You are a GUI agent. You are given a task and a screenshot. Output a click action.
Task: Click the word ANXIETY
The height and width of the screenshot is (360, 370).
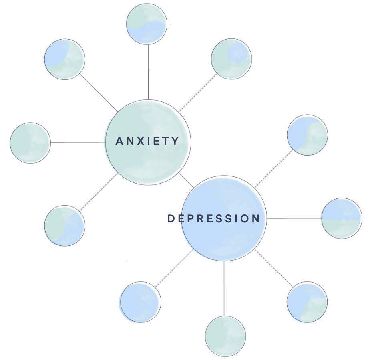147,141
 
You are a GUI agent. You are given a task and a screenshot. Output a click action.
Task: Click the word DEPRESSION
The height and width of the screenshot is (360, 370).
214,219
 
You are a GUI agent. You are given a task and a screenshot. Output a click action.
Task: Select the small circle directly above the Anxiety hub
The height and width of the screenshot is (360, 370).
146,24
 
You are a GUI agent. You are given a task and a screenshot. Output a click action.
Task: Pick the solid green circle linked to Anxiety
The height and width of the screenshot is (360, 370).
30,143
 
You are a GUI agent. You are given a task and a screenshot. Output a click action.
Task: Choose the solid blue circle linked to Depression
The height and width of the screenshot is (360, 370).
139,302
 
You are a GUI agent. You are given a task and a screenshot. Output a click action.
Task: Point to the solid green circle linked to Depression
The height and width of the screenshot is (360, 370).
225,336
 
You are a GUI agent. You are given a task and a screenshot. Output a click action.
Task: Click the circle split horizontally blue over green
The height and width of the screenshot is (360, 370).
341,218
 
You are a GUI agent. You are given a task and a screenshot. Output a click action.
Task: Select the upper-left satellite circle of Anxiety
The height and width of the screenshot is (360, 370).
64,59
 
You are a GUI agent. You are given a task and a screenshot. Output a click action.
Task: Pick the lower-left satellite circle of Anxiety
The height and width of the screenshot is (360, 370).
64,226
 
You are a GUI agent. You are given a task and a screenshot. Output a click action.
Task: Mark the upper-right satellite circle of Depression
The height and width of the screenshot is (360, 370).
307,135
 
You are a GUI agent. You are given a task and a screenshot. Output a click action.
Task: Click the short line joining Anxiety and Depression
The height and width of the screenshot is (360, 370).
186,180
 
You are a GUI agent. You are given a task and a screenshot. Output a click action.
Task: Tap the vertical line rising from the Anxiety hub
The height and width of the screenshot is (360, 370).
148,72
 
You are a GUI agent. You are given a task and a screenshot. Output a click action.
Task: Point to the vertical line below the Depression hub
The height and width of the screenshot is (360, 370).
224,289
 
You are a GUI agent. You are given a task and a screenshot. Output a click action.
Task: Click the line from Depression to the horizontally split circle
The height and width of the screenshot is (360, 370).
294,218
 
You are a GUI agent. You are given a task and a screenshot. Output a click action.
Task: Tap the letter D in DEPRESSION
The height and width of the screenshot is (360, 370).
171,219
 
